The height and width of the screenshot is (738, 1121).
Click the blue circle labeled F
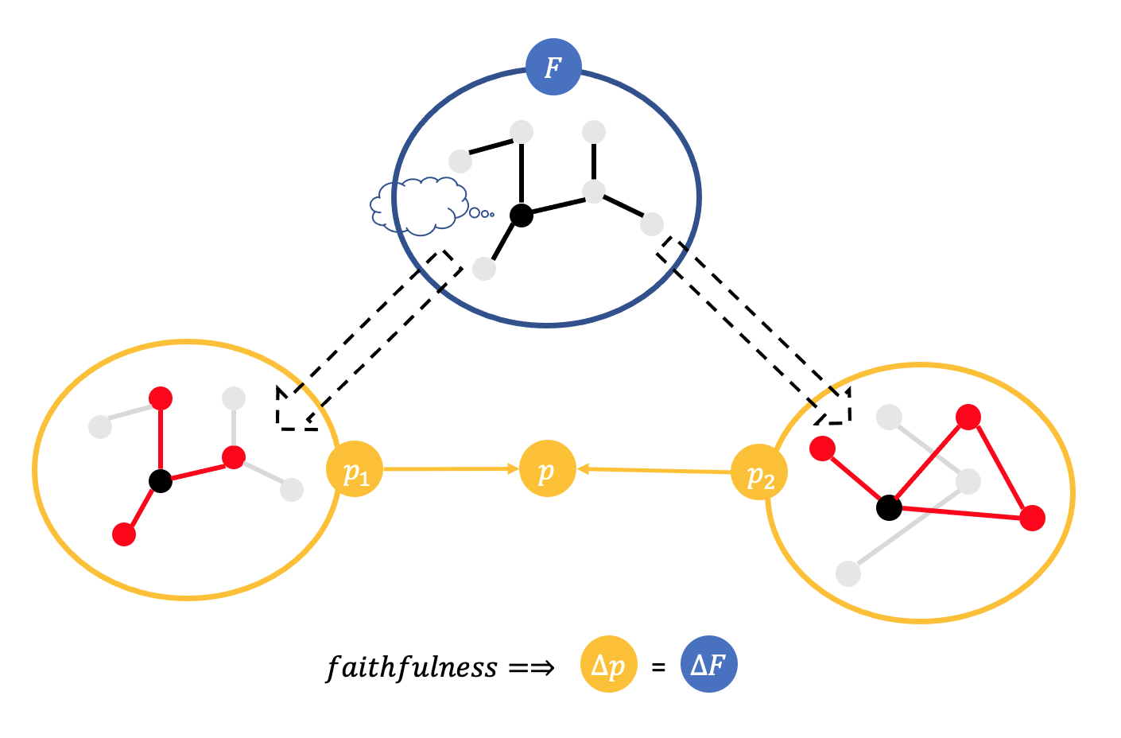click(x=553, y=67)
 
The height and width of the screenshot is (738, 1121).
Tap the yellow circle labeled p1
click(x=355, y=469)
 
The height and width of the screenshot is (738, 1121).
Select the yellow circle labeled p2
click(x=759, y=472)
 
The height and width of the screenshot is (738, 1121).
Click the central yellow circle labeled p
click(x=547, y=469)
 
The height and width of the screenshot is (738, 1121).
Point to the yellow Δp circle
click(x=609, y=664)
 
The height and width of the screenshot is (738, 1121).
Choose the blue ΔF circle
click(x=709, y=664)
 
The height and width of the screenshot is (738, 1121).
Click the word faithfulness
click(x=412, y=666)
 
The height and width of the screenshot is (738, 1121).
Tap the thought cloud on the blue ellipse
click(x=419, y=205)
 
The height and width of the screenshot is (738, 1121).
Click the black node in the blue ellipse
click(x=521, y=215)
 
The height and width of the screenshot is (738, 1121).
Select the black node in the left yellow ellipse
click(x=161, y=480)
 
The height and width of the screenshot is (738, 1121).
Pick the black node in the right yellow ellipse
click(x=889, y=507)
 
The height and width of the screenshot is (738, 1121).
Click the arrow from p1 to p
click(x=450, y=469)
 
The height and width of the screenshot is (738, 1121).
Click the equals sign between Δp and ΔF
click(x=658, y=668)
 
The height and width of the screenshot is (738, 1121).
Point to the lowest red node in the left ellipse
click(x=124, y=534)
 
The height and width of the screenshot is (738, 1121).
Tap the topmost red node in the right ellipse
click(x=968, y=417)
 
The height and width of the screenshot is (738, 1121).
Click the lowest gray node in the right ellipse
click(x=848, y=573)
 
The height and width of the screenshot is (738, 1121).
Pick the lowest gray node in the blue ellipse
click(x=484, y=269)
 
